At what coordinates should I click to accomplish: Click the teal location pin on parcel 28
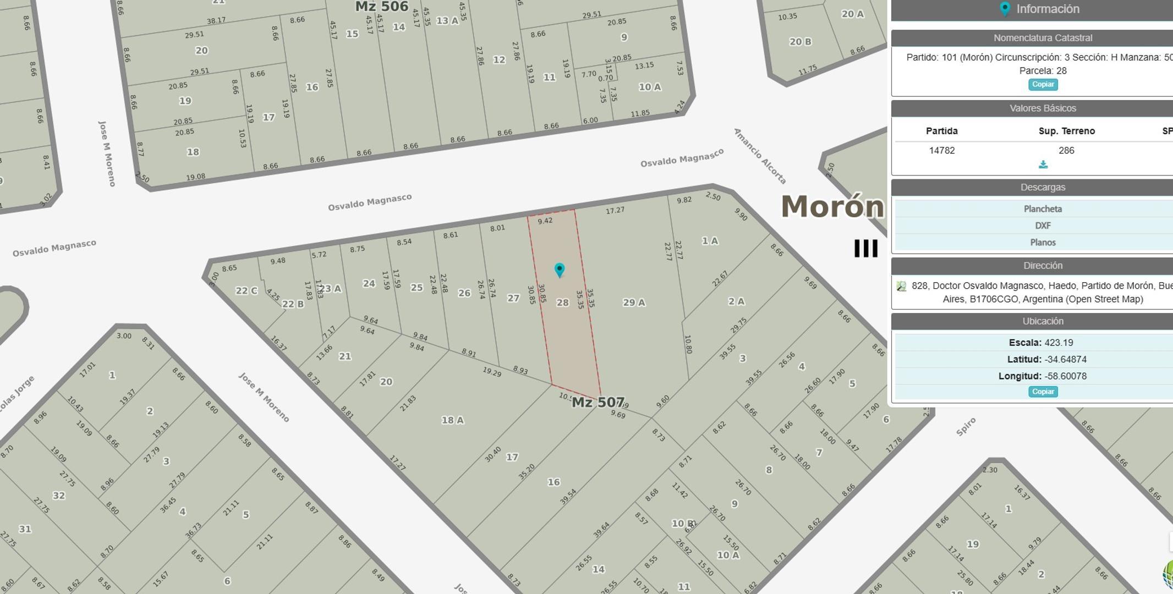(560, 269)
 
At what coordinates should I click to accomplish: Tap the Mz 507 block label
(598, 403)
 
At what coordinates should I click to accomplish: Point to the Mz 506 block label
(381, 7)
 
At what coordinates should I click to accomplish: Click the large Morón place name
(832, 207)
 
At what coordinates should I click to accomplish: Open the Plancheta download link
(1042, 209)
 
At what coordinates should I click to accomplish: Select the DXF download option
(1042, 226)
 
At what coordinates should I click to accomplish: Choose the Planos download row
(1042, 243)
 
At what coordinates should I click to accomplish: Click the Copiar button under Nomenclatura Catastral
(1043, 85)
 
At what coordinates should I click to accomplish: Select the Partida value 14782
(941, 150)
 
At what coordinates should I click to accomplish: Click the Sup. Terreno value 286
(1066, 150)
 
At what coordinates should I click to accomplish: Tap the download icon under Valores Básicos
(1043, 164)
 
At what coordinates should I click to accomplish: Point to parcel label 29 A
(634, 302)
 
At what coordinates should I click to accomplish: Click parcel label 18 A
(452, 420)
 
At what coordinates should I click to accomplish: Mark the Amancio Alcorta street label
(760, 156)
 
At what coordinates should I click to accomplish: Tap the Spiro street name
(966, 427)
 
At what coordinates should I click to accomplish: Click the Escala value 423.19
(1058, 343)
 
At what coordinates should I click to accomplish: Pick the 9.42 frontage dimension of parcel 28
(545, 221)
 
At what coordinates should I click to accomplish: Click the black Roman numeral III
(865, 249)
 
